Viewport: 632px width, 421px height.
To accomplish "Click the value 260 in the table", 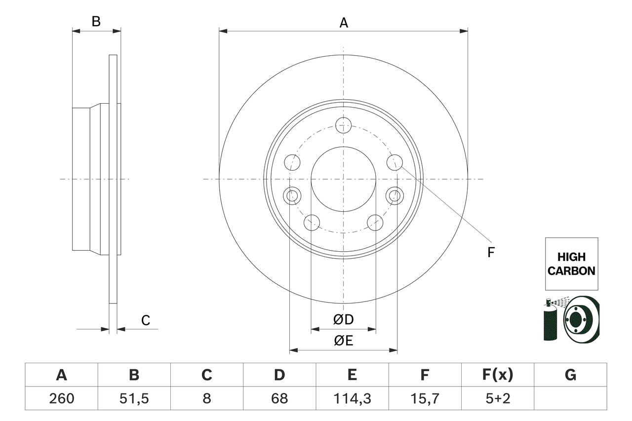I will (x=61, y=398).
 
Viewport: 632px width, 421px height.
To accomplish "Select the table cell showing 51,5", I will (x=134, y=398).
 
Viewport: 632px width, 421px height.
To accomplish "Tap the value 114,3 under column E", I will (x=352, y=398).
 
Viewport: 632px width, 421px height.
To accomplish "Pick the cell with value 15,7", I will (x=425, y=398).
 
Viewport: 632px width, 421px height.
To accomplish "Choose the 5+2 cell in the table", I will (x=497, y=398).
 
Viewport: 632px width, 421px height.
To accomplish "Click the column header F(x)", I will (x=497, y=375).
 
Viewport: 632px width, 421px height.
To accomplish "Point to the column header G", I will (x=570, y=375).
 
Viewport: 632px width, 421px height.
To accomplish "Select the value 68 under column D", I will (x=279, y=398).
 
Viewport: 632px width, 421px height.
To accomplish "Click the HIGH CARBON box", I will (x=571, y=264).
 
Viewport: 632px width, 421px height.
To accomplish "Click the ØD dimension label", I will (x=344, y=320).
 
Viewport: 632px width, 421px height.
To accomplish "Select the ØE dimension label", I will (x=344, y=341).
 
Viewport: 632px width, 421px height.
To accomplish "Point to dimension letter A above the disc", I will (x=344, y=23).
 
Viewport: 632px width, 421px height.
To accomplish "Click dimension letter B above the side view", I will (x=96, y=22).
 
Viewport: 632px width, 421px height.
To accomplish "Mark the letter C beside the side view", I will (x=145, y=320).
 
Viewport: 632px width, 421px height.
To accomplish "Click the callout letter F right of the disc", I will (x=490, y=252).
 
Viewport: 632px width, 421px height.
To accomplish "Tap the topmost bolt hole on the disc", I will (x=343, y=125).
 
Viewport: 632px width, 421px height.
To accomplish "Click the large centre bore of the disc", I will (x=343, y=179).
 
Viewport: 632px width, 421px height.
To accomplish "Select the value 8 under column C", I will (x=206, y=398).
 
